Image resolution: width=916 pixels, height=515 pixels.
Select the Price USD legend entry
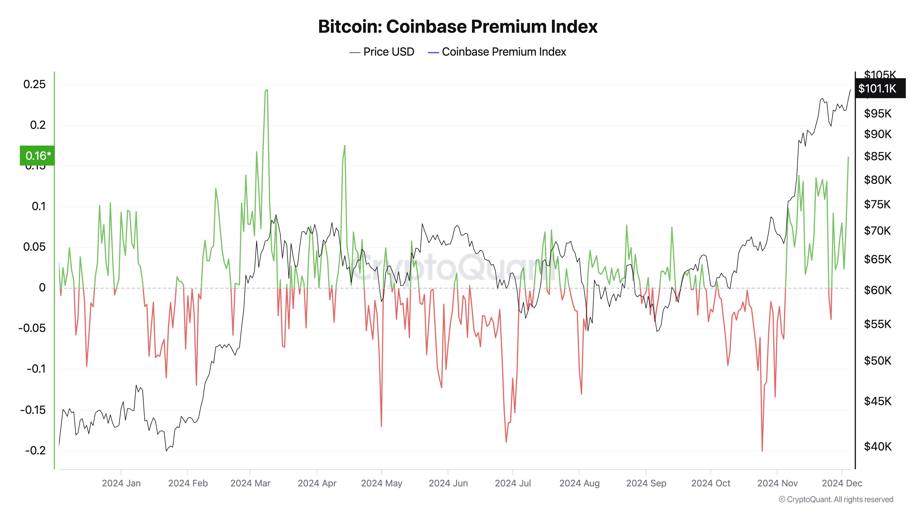point(382,52)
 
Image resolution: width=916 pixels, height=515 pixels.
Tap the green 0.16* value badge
point(37,156)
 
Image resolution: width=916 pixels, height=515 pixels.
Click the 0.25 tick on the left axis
point(35,85)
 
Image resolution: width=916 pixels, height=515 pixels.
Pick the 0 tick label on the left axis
point(42,287)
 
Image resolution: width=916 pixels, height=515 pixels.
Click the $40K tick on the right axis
point(878,446)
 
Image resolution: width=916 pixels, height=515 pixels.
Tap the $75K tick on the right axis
point(878,204)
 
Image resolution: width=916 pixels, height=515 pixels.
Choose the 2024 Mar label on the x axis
point(250,483)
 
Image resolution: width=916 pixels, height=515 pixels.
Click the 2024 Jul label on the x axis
point(513,483)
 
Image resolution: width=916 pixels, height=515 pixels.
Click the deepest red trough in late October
point(762,451)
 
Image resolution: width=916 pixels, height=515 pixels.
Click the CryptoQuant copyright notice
point(836,499)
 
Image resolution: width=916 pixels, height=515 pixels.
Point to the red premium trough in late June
point(506,442)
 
